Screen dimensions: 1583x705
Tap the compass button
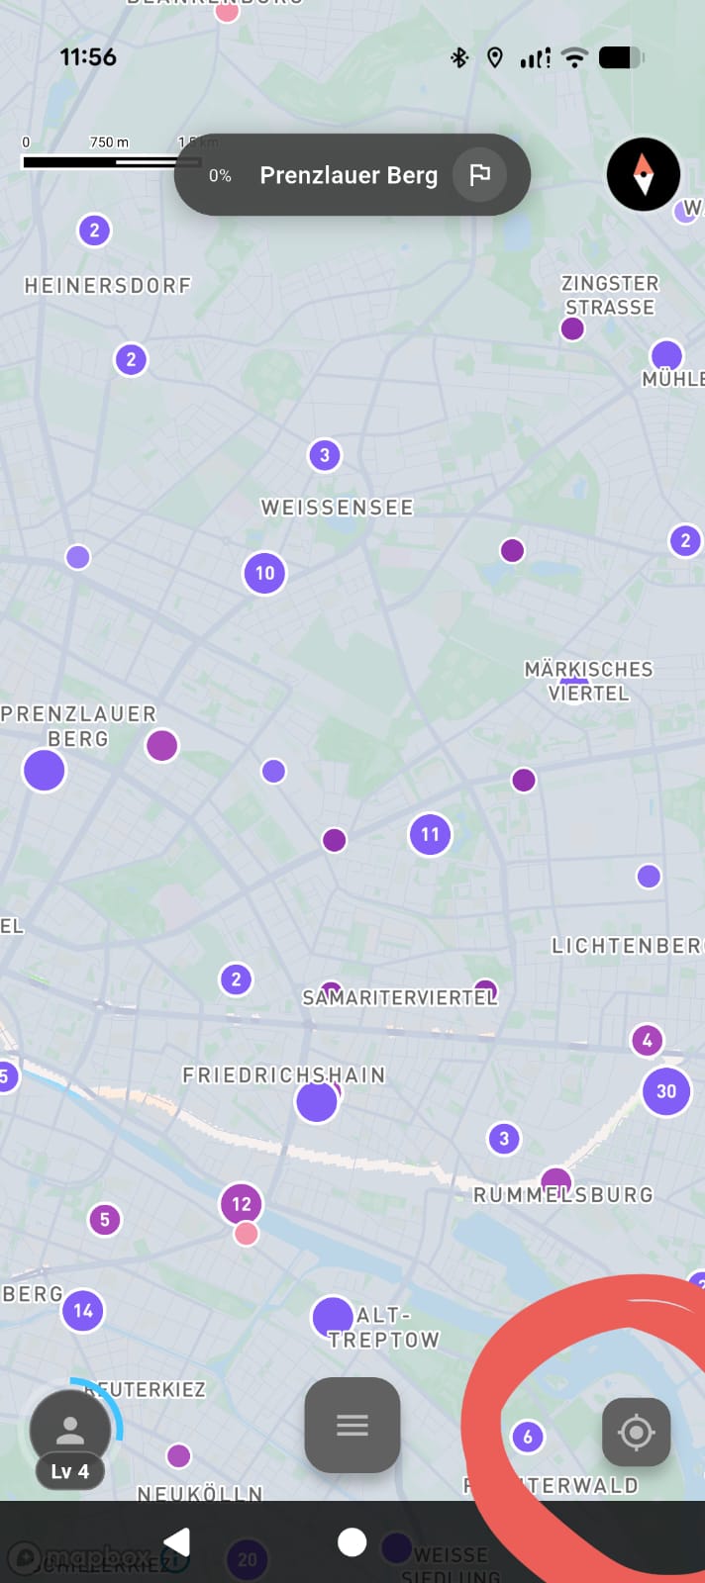pyautogui.click(x=644, y=174)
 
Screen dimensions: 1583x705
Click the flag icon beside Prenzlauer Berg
pyautogui.click(x=480, y=175)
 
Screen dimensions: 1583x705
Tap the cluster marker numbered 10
pyautogui.click(x=264, y=573)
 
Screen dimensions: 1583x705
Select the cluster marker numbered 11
pyautogui.click(x=430, y=834)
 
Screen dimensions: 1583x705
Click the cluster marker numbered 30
pyautogui.click(x=666, y=1091)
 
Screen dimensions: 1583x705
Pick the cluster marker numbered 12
pyautogui.click(x=242, y=1204)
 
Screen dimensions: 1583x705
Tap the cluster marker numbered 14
pyautogui.click(x=83, y=1311)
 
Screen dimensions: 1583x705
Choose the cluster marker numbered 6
pyautogui.click(x=528, y=1437)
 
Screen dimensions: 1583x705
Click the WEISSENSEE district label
pyautogui.click(x=337, y=508)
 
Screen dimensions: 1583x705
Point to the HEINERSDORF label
pyautogui.click(x=108, y=286)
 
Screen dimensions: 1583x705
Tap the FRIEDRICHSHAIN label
pyautogui.click(x=283, y=1075)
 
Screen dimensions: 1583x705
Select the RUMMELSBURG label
pyautogui.click(x=563, y=1195)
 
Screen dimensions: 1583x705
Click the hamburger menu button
pyautogui.click(x=352, y=1425)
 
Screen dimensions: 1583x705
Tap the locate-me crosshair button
pyautogui.click(x=637, y=1432)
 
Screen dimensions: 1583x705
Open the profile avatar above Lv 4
pyautogui.click(x=70, y=1429)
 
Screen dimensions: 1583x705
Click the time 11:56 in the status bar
pyautogui.click(x=88, y=57)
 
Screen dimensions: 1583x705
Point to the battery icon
pyautogui.click(x=621, y=57)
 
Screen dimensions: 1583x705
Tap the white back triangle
pyautogui.click(x=177, y=1541)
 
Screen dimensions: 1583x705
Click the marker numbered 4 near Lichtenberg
pyautogui.click(x=648, y=1040)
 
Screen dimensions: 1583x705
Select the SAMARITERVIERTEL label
pyautogui.click(x=399, y=998)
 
